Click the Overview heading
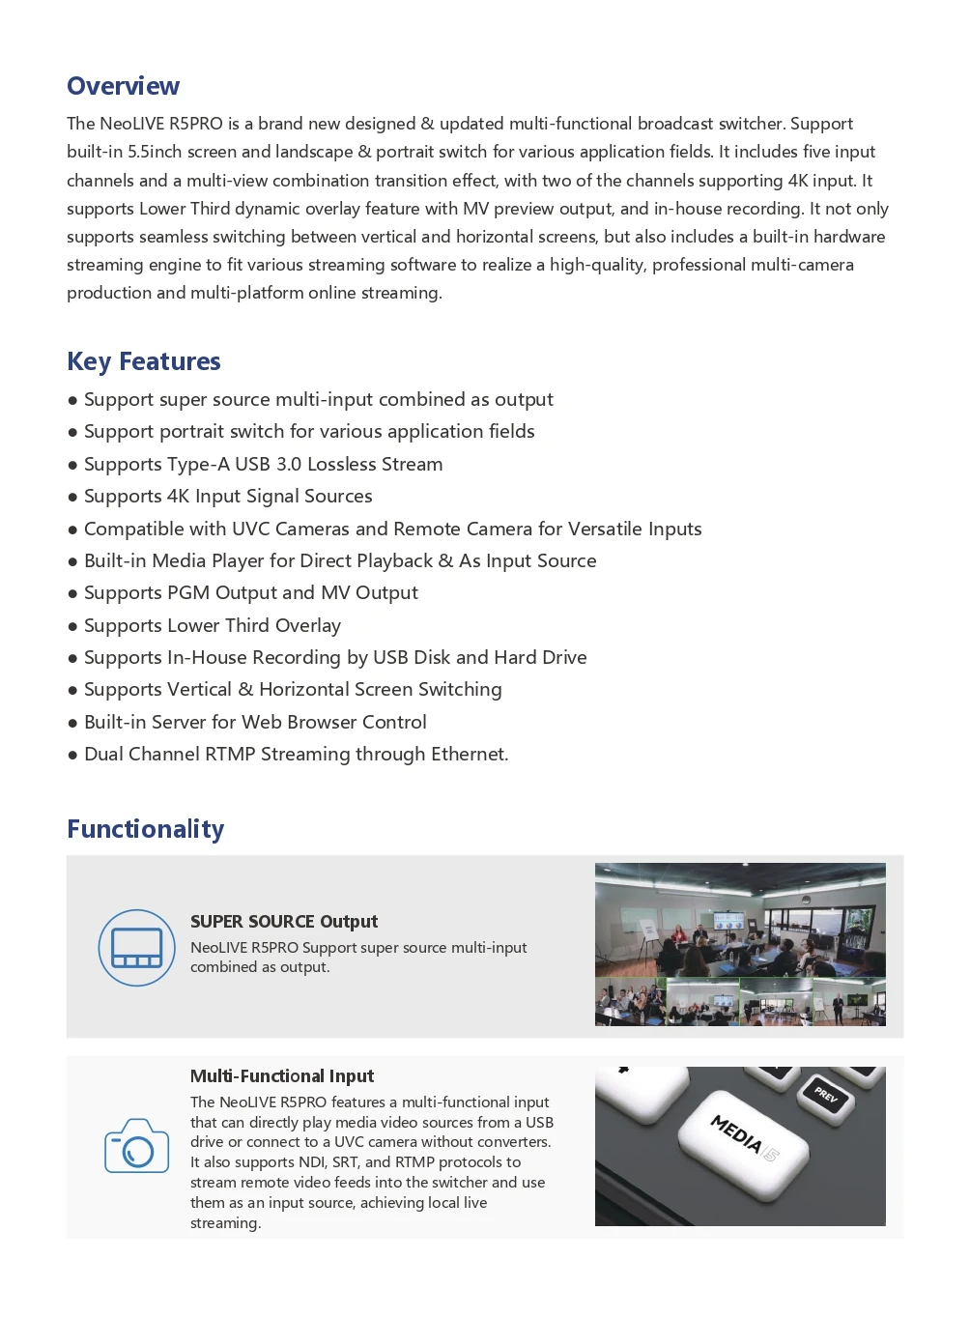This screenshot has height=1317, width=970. pos(123,86)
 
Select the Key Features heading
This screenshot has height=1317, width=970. pos(143,361)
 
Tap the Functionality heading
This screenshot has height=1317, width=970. pos(145,829)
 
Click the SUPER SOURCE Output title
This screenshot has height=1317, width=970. pos(283,921)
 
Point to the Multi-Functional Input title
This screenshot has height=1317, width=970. pos(281,1075)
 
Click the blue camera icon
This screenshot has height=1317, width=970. pos(136,1146)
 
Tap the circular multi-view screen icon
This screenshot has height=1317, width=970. pos(136,948)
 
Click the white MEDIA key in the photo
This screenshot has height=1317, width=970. pos(744,1138)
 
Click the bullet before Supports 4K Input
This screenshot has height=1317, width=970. pos(72,497)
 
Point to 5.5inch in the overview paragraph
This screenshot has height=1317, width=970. pos(155,152)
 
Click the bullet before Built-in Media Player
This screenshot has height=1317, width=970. pos(72,561)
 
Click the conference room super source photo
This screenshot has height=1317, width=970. pos(739,944)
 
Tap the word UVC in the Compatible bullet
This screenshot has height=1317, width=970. pos(251,529)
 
